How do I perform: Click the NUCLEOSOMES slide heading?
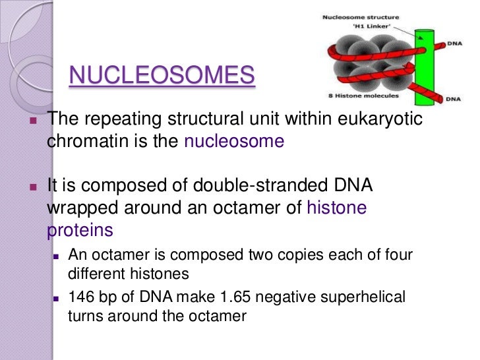coord(162,76)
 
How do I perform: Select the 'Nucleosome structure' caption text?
coord(359,16)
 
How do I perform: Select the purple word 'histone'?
coord(337,208)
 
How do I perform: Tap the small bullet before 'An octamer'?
coord(56,256)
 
